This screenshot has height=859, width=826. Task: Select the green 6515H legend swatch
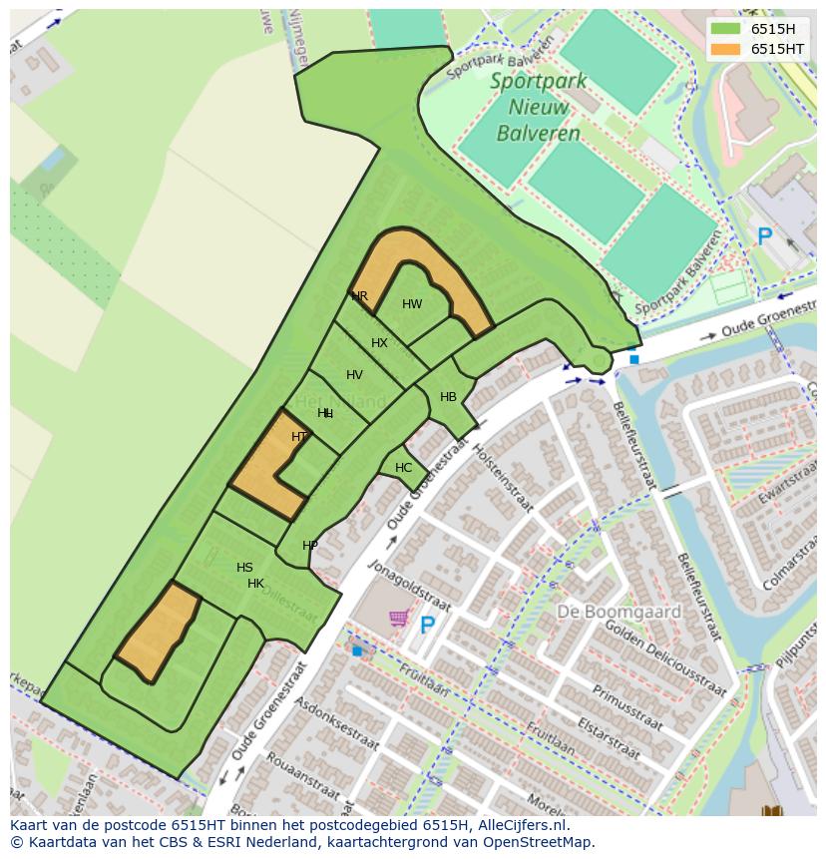[x=725, y=28]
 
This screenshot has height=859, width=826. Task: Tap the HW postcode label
[x=412, y=304]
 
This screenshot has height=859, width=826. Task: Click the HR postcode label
[x=359, y=296]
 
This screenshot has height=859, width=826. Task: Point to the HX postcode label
[x=379, y=343]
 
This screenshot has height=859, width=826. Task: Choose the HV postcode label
[x=354, y=375]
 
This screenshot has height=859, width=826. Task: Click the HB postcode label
[x=448, y=397]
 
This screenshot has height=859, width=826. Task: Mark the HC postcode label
[x=403, y=468]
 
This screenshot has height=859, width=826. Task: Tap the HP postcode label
[x=310, y=546]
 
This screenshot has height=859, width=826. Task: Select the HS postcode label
[x=244, y=568]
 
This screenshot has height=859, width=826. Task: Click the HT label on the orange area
[x=299, y=437]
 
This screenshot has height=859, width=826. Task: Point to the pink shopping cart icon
[x=398, y=619]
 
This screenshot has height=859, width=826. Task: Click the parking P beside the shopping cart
[x=427, y=626]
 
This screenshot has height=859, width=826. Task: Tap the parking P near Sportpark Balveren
[x=764, y=237]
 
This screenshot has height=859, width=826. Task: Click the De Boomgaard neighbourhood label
[x=619, y=612]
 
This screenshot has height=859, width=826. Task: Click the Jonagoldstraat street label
[x=410, y=586]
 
